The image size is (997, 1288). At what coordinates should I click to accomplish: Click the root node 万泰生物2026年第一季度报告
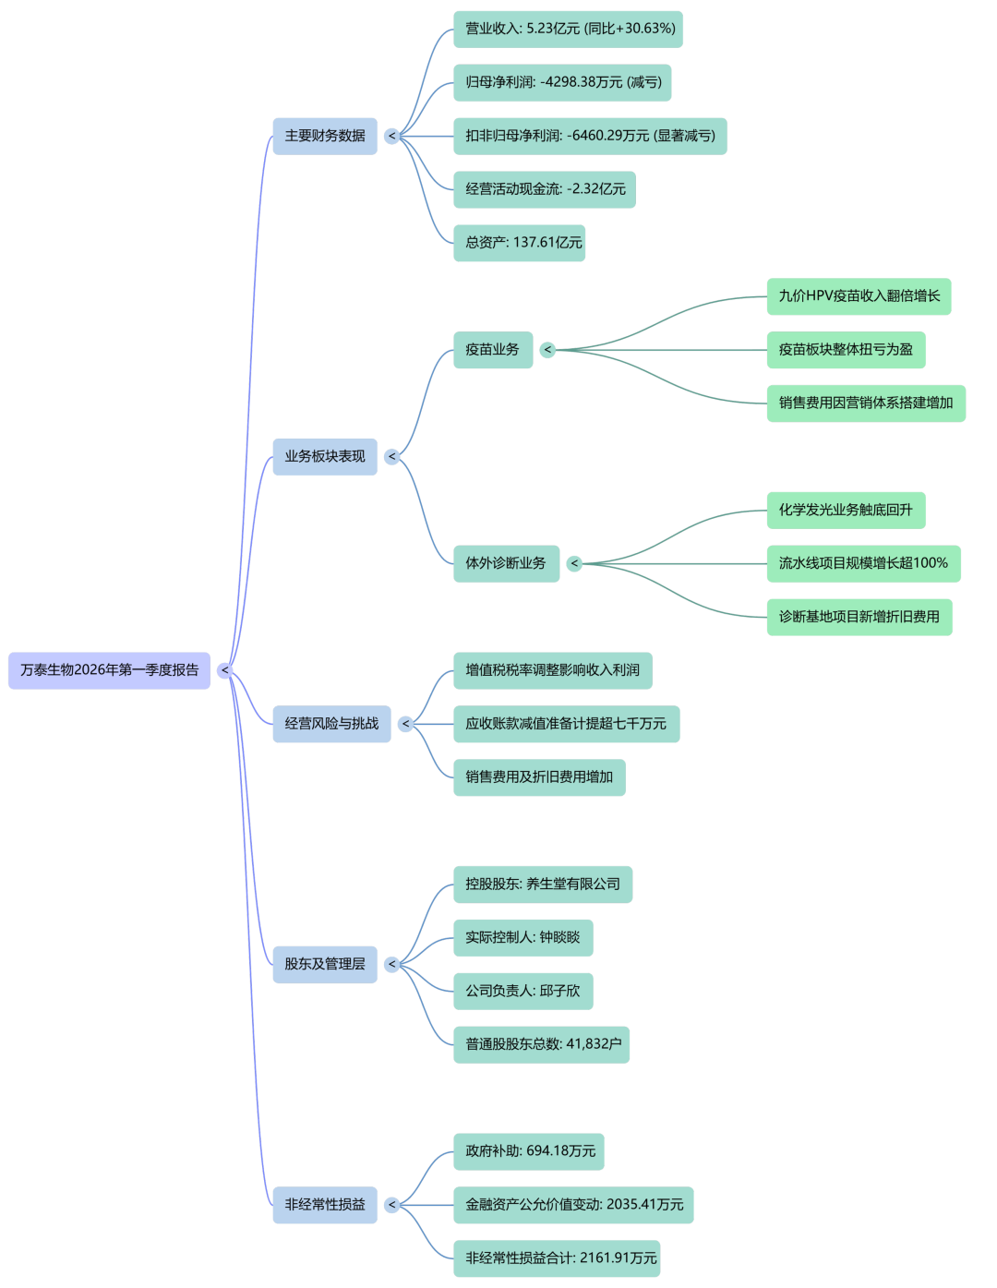coord(109,670)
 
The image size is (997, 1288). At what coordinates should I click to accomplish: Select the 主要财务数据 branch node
coord(324,136)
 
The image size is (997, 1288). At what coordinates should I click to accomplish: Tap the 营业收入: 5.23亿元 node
coord(568,29)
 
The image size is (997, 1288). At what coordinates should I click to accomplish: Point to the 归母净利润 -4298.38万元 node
coord(562,82)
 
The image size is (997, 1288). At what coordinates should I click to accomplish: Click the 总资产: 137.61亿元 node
coord(519,243)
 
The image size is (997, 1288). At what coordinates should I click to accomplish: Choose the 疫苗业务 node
coord(492,350)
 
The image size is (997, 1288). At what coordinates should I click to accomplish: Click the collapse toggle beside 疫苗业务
coord(547,350)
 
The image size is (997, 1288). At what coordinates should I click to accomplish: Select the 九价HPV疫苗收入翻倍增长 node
coord(859,296)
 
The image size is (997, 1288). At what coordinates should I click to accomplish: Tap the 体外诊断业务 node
coord(505,563)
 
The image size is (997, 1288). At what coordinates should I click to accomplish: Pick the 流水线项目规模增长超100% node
coord(863,563)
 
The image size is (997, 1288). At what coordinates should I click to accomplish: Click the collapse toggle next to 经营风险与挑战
coord(405,724)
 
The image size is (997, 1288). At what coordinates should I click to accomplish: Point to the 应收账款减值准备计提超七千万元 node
coord(566,724)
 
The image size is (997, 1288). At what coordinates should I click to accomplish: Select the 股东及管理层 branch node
coord(324,964)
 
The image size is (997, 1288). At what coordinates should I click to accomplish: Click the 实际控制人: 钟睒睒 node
coord(523,937)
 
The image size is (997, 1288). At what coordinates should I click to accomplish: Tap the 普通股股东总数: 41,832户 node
coord(541,1044)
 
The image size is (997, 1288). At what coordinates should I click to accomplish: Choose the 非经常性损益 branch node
coord(324,1205)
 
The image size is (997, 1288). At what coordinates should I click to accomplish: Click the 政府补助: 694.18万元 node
coord(528,1151)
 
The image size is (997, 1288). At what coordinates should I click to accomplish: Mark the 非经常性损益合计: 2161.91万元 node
coord(556,1258)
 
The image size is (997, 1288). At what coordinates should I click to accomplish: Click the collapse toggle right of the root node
coord(224,670)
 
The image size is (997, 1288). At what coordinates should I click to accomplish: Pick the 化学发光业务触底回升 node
coord(846,510)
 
